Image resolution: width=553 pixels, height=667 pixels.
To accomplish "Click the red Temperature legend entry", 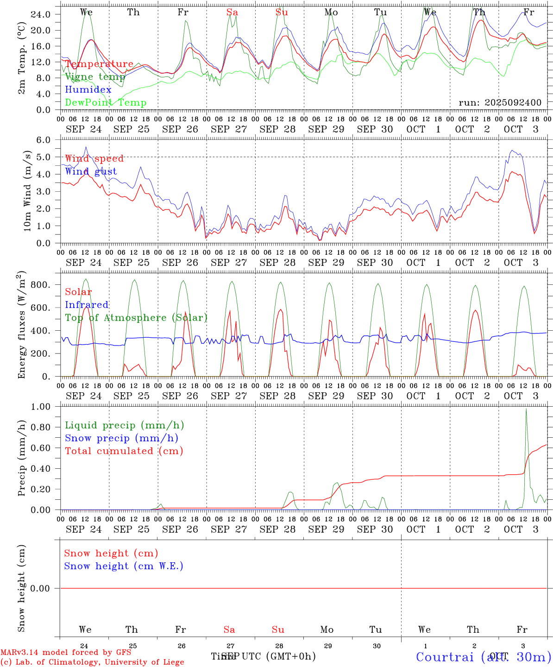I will coord(99,64).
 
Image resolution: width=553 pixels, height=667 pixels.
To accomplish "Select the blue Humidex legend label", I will coord(88,90).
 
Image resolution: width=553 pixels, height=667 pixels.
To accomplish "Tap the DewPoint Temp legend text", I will coord(106,103).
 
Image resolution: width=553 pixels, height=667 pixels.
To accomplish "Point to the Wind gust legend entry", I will coord(91,171).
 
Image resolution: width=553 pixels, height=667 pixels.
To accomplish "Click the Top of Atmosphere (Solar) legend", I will coord(136,318).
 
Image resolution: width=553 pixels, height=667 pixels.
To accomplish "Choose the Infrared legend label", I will coord(87,305).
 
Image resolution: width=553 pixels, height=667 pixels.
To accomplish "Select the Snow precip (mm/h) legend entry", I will coord(121,438).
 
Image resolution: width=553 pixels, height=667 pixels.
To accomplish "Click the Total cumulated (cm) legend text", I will coord(124,451).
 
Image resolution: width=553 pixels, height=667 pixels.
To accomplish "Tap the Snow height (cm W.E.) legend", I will coord(123,566).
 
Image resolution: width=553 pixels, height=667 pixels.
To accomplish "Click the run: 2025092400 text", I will coord(500,103).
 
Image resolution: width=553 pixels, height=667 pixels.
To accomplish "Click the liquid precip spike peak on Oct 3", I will coord(526,409).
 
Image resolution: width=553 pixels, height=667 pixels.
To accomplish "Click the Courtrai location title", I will coord(483,656).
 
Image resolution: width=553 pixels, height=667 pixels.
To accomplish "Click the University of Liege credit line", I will coord(92,662).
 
